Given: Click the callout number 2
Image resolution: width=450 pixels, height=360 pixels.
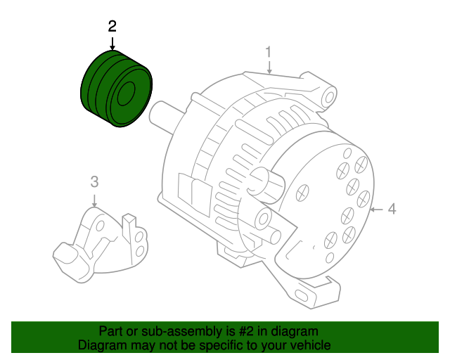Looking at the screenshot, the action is (112, 26).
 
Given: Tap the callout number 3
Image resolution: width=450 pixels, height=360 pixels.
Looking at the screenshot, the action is (95, 182).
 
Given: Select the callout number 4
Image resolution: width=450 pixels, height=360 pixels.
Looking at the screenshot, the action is (392, 208).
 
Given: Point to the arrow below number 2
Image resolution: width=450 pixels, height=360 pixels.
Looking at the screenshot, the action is (112, 42).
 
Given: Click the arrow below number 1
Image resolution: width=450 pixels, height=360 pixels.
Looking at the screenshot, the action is (269, 67).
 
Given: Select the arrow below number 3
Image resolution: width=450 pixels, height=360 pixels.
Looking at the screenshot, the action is (95, 198).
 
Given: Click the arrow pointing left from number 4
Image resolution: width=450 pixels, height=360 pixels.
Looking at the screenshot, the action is (376, 209).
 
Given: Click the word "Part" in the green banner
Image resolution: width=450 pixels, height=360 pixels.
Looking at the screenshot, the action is (111, 331).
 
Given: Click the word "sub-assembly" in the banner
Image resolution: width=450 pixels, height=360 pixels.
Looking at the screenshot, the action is (179, 331).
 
